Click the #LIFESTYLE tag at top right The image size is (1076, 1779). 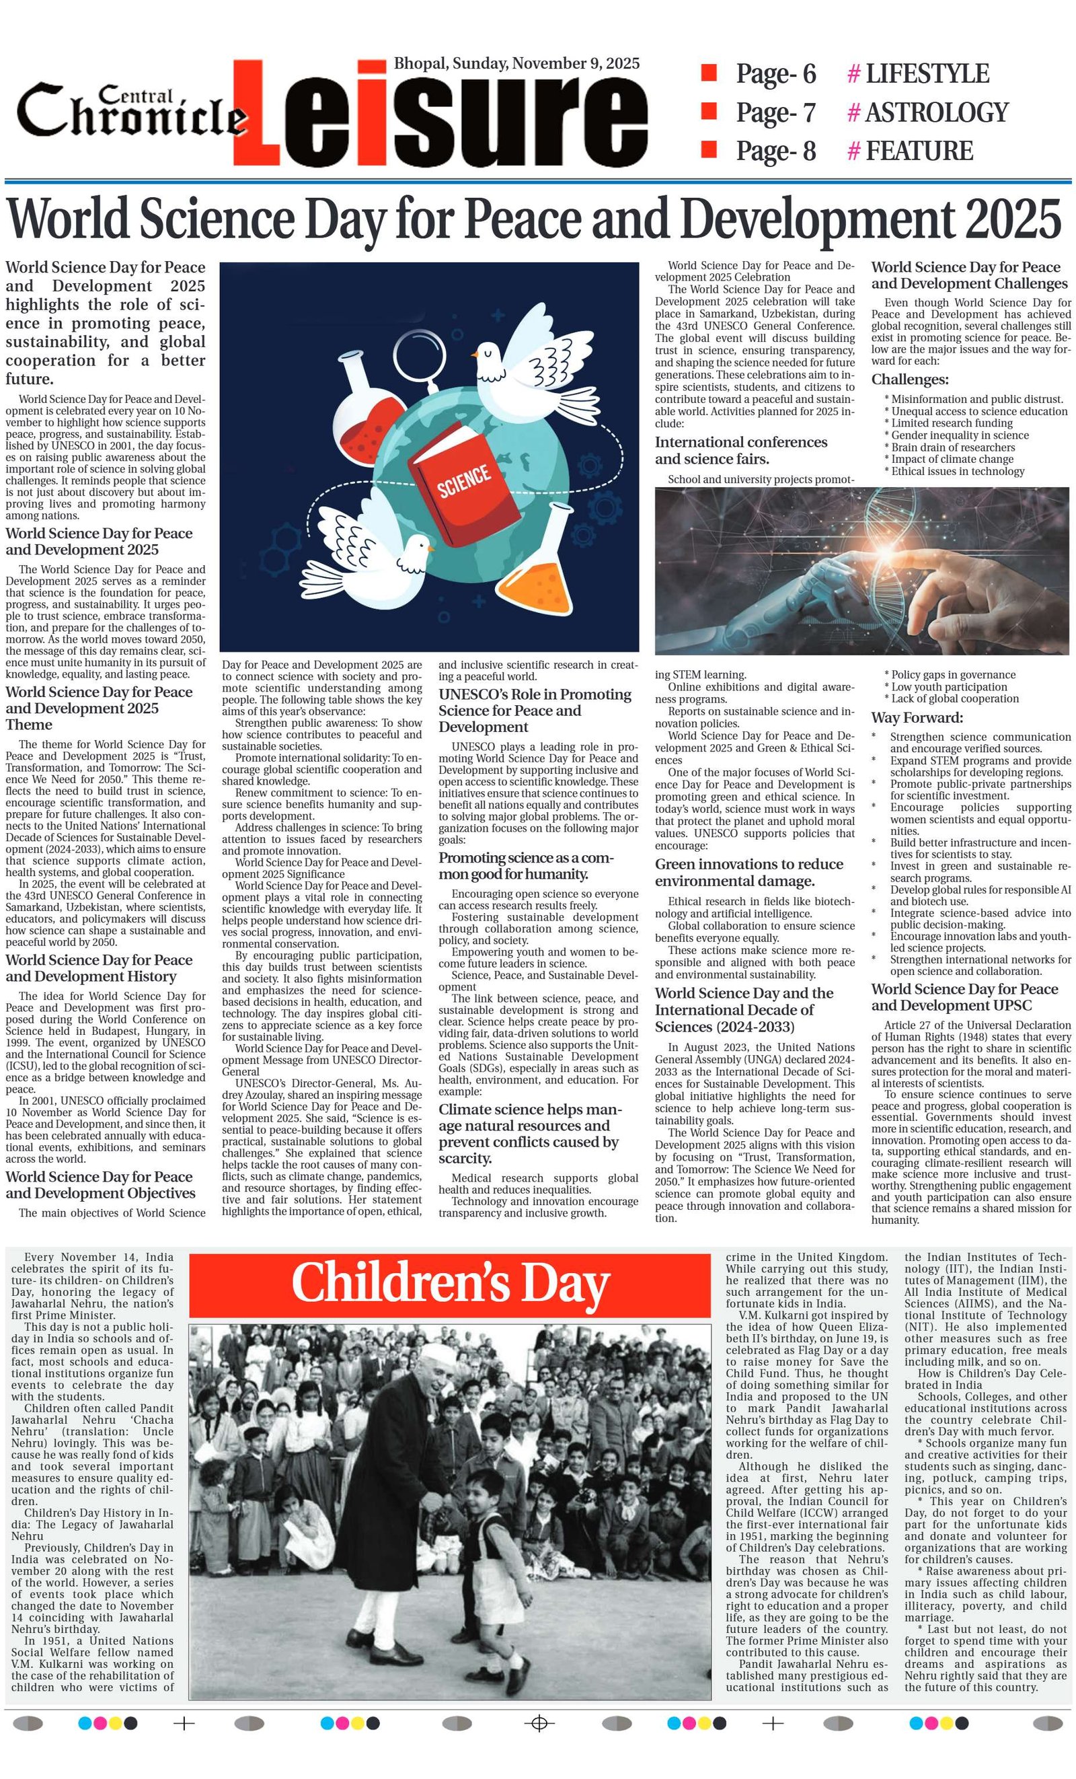click(x=918, y=73)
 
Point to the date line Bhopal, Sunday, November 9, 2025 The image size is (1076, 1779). click(x=516, y=63)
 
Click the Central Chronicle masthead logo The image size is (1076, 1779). click(x=130, y=112)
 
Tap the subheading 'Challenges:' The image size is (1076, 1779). click(x=909, y=379)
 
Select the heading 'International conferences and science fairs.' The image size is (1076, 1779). click(x=740, y=450)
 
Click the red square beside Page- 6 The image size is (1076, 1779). click(x=709, y=72)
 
